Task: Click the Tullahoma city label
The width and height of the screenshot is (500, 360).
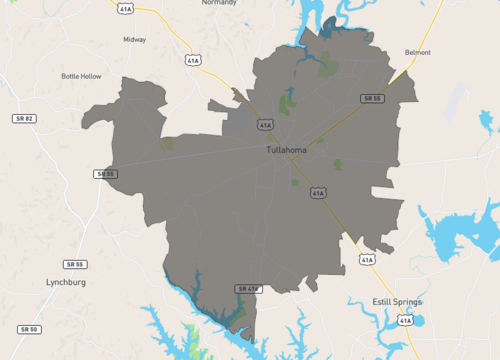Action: [287, 150]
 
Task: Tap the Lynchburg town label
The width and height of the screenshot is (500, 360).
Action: [66, 283]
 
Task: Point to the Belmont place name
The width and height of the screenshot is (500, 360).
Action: [418, 52]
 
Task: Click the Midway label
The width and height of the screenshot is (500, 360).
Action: [134, 40]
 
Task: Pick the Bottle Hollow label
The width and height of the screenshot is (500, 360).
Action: [81, 76]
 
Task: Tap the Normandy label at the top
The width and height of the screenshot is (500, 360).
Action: [219, 3]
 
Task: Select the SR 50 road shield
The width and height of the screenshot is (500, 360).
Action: [28, 328]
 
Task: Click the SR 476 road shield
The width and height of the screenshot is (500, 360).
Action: [247, 288]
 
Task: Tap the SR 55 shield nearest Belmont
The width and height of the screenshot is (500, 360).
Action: [372, 98]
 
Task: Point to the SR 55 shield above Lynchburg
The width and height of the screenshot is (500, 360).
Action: [74, 264]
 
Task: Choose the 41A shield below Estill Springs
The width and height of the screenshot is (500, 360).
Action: [404, 320]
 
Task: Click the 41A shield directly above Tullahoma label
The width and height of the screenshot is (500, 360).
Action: [265, 125]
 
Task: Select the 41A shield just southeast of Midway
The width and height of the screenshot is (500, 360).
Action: [192, 60]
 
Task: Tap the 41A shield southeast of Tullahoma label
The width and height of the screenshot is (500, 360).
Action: [317, 193]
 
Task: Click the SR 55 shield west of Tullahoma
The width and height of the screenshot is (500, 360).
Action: [105, 174]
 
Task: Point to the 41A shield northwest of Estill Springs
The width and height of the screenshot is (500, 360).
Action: [367, 260]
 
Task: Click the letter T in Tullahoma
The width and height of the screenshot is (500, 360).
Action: [269, 150]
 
